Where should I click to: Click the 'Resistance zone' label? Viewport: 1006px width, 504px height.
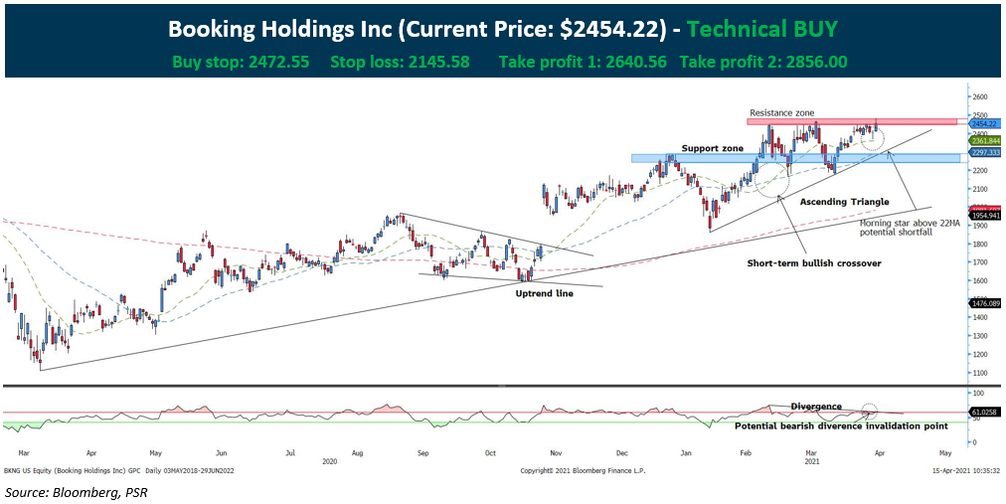click(781, 113)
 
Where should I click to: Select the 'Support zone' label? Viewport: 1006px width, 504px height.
click(713, 148)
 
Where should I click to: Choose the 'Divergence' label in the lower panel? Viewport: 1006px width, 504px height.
click(816, 406)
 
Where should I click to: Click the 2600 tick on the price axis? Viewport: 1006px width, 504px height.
click(981, 97)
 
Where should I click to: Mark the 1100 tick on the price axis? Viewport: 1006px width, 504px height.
click(981, 373)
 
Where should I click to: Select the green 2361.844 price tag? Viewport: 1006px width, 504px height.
click(985, 141)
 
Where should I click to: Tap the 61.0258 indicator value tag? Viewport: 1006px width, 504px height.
click(985, 411)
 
